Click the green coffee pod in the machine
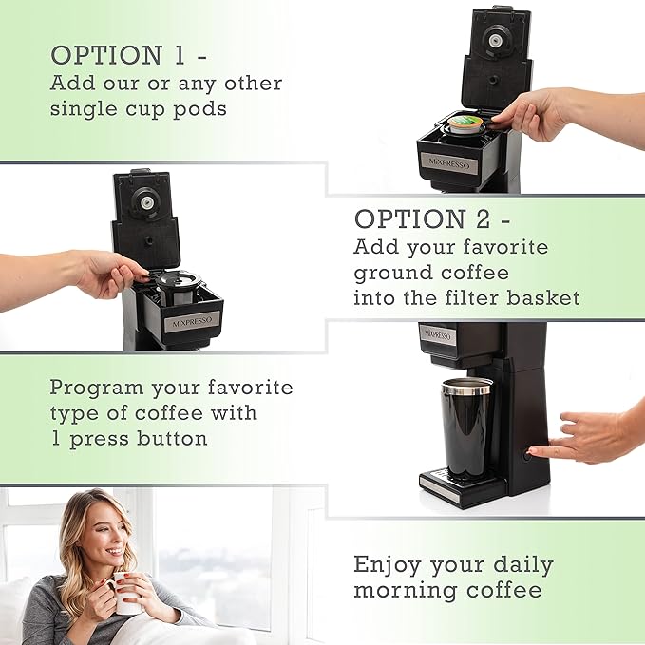pyautogui.click(x=465, y=125)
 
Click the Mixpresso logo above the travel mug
pyautogui.click(x=438, y=335)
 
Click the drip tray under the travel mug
pyautogui.click(x=455, y=484)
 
